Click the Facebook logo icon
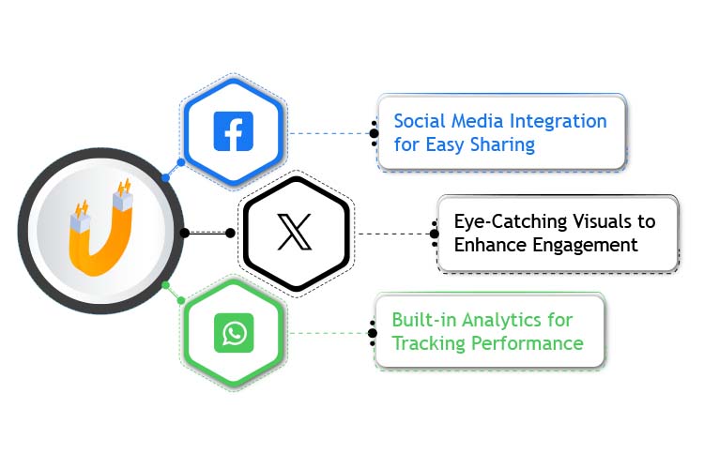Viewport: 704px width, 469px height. coord(233,131)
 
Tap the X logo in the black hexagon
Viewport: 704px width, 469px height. coord(296,232)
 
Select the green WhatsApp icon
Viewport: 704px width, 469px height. coord(233,332)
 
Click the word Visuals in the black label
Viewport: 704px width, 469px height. coord(610,222)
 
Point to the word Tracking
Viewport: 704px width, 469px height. coord(424,343)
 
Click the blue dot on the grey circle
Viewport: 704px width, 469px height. coord(166,176)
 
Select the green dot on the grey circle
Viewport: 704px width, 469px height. coord(166,284)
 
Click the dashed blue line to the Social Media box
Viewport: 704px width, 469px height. coord(329,133)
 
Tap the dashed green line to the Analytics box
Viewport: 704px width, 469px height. coord(329,333)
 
